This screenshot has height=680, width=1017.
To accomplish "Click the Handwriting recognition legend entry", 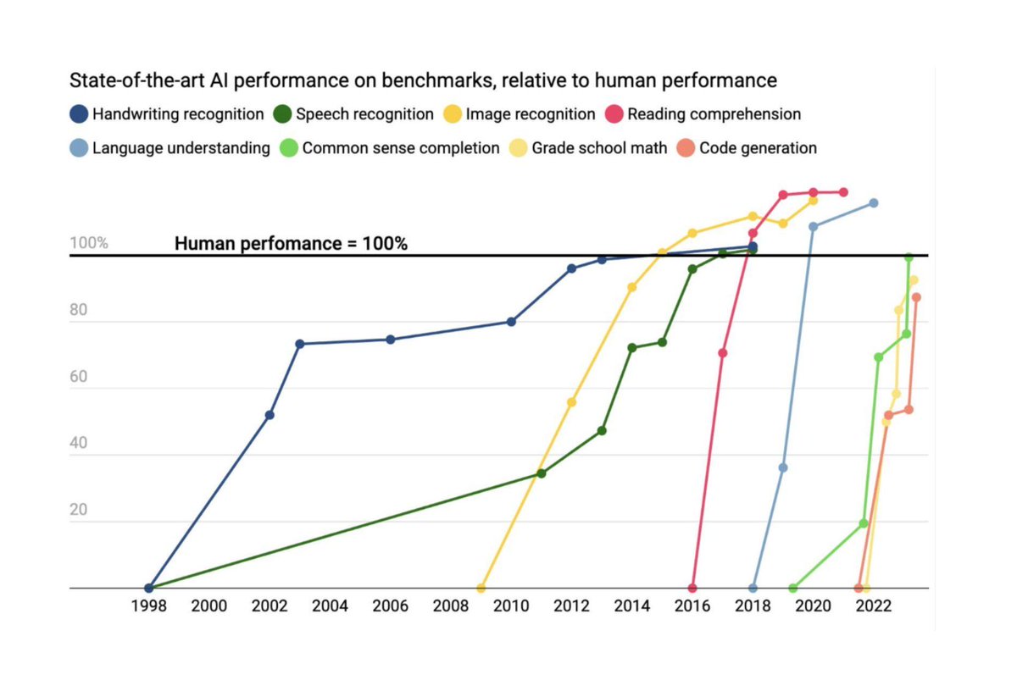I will tap(165, 113).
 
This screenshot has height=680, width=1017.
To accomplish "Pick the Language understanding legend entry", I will tap(169, 148).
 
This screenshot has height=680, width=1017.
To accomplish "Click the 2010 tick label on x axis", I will tap(511, 606).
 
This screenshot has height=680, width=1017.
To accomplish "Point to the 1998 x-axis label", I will tap(149, 606).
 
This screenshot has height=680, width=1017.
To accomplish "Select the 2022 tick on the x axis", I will tap(873, 606).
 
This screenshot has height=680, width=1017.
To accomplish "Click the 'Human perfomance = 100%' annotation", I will tap(292, 244).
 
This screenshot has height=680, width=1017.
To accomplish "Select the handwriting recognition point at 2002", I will tap(270, 415).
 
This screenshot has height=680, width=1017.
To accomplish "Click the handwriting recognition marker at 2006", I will tap(391, 340).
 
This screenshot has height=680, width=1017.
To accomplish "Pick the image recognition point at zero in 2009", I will tap(481, 588).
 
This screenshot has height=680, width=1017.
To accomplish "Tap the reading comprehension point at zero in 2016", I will tap(692, 588).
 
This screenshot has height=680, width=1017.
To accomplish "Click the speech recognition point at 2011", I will tap(542, 473).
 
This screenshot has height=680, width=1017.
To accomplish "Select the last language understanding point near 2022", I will tap(874, 203).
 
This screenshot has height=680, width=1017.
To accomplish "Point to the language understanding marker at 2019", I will tap(783, 467).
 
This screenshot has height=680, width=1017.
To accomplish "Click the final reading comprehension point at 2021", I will tap(843, 192).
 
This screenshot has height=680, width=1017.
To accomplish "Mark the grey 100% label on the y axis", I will tap(88, 244).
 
